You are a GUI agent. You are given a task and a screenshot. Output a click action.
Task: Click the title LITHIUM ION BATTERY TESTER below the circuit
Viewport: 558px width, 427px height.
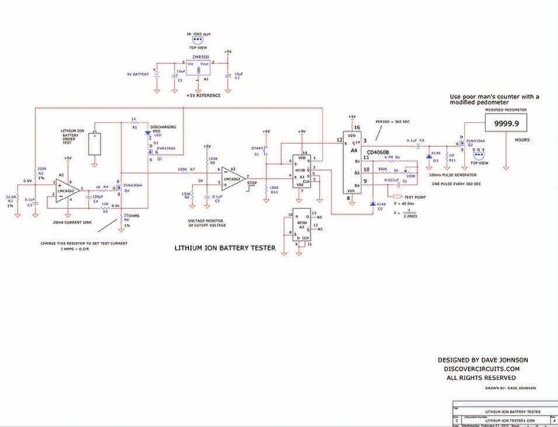pyautogui.click(x=225, y=248)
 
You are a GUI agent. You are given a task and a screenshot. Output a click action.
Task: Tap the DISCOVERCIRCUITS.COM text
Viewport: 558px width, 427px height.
pyautogui.click(x=479, y=369)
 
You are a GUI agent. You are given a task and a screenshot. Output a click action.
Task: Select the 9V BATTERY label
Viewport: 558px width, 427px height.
pyautogui.click(x=138, y=75)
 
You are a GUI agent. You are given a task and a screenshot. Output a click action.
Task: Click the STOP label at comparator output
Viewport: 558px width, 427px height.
pyautogui.click(x=252, y=182)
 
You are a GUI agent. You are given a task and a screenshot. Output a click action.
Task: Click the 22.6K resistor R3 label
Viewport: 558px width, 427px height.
pyautogui.click(x=11, y=197)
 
